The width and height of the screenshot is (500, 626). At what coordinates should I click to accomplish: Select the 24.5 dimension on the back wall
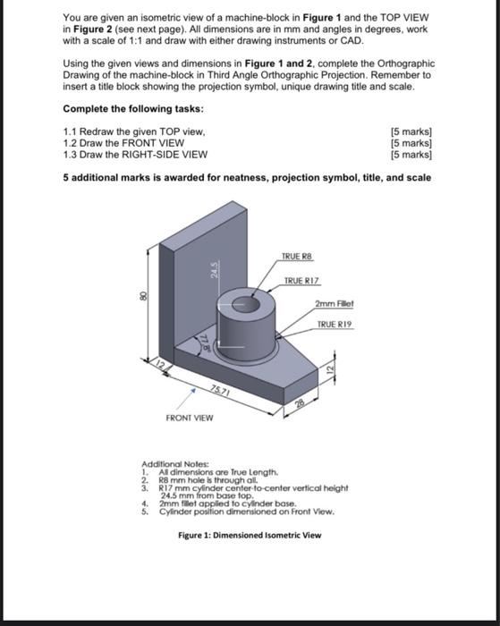pyautogui.click(x=213, y=269)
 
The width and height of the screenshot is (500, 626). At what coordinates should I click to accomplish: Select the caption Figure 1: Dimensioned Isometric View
pyautogui.click(x=250, y=535)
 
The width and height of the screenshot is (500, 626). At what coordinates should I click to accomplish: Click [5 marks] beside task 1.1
pyautogui.click(x=412, y=131)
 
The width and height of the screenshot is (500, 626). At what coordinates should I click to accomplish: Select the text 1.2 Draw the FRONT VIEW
pyautogui.click(x=123, y=142)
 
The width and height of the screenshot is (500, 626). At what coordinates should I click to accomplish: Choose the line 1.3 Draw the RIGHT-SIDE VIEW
pyautogui.click(x=135, y=154)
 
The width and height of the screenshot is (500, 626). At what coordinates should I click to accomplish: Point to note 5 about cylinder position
pyautogui.click(x=222, y=512)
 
